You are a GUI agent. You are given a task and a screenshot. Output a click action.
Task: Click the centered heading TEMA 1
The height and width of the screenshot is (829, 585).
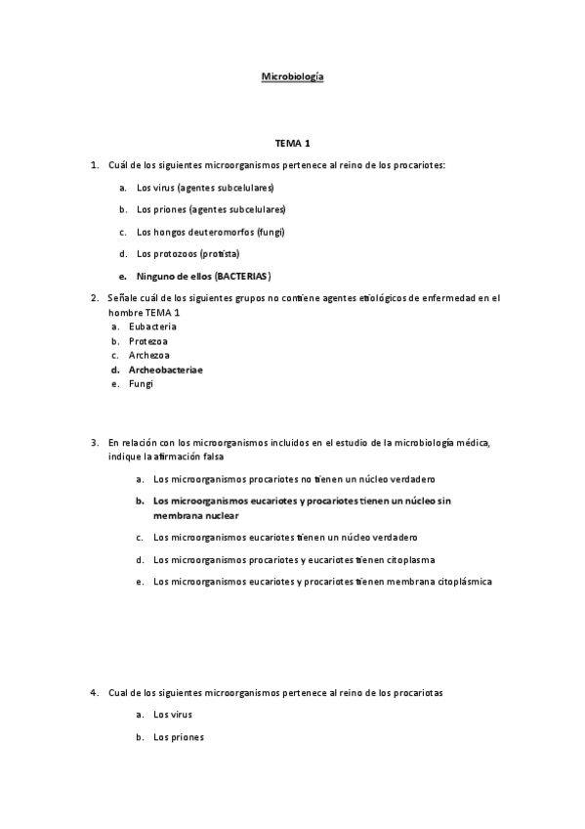(292, 143)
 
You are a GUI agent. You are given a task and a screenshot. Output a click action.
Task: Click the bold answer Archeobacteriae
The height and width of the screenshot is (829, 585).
(166, 370)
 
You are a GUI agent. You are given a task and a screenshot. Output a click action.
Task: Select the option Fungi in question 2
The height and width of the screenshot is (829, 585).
(142, 384)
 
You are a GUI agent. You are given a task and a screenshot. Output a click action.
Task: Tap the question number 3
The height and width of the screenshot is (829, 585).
(94, 442)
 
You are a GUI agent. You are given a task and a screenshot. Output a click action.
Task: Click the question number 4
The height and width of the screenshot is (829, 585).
(94, 692)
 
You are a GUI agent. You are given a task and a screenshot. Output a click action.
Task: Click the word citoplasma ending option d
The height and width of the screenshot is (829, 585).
(409, 560)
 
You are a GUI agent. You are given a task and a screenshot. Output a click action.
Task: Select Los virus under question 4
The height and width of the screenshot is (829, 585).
(173, 715)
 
